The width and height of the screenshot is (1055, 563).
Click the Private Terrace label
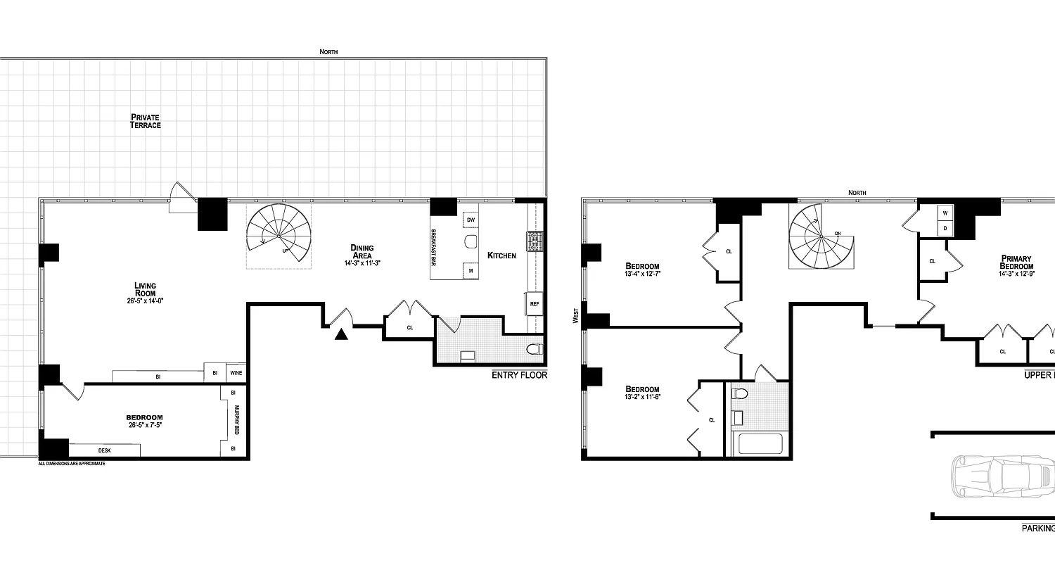(146, 121)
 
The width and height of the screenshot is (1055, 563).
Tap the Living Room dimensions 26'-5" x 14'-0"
(146, 301)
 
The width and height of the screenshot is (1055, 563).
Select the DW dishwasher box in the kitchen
(470, 220)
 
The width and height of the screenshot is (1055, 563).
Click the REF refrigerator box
(535, 304)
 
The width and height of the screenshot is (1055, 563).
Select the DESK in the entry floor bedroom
(104, 450)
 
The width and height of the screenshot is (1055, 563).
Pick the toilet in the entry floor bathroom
(535, 349)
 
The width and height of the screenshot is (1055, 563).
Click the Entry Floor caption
(519, 375)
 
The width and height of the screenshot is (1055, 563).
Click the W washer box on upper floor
(945, 213)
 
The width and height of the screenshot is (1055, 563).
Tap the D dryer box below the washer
(945, 229)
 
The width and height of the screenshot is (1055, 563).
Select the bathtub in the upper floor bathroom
(757, 445)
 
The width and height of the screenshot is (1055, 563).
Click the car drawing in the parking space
(1002, 476)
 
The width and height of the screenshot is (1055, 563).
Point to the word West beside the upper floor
(576, 315)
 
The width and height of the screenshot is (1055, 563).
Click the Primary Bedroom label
(1017, 262)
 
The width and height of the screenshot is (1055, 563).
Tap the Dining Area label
(362, 251)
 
